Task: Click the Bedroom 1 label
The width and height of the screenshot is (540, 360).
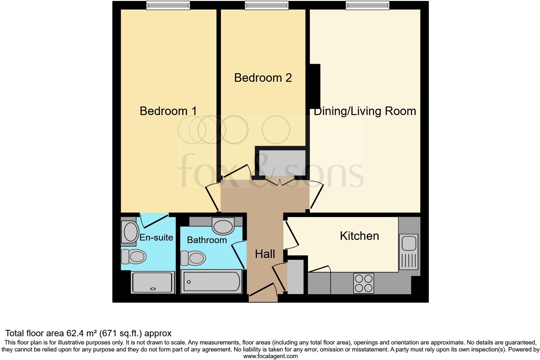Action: [x=168, y=111]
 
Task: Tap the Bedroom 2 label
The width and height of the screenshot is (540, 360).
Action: [x=263, y=78]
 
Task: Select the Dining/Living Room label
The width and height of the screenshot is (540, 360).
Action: [x=365, y=111]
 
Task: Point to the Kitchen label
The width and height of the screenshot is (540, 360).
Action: [x=359, y=236]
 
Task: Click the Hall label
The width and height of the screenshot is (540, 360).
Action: [x=265, y=254]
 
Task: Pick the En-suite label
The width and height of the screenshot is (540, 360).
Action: [x=156, y=237]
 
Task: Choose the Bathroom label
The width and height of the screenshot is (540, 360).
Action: [x=207, y=240]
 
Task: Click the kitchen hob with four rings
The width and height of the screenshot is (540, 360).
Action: [x=363, y=283]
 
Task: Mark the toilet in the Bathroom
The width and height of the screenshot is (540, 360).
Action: [x=193, y=258]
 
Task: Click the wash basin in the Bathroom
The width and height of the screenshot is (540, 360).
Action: [x=223, y=226]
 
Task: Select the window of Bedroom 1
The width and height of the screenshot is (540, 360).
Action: [x=168, y=5]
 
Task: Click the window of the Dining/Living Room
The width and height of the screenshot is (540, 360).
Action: [x=367, y=5]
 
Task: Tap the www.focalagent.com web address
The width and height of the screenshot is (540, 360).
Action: [x=270, y=356]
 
